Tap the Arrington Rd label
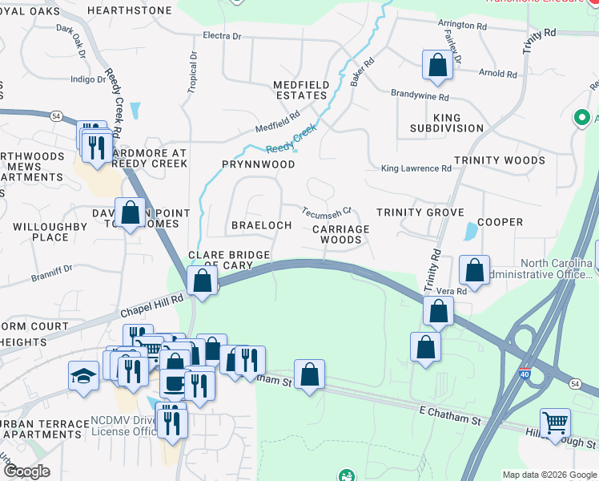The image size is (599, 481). tap(462, 26)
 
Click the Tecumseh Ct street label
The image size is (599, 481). tap(327, 212)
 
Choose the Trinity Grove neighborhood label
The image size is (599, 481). tap(420, 212)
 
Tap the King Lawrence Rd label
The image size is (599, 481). tap(416, 168)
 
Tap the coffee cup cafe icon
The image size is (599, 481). tap(174, 382)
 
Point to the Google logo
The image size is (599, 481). tap(26, 471)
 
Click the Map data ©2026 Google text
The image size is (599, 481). tap(549, 475)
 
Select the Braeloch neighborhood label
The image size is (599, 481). tap(261, 225)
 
